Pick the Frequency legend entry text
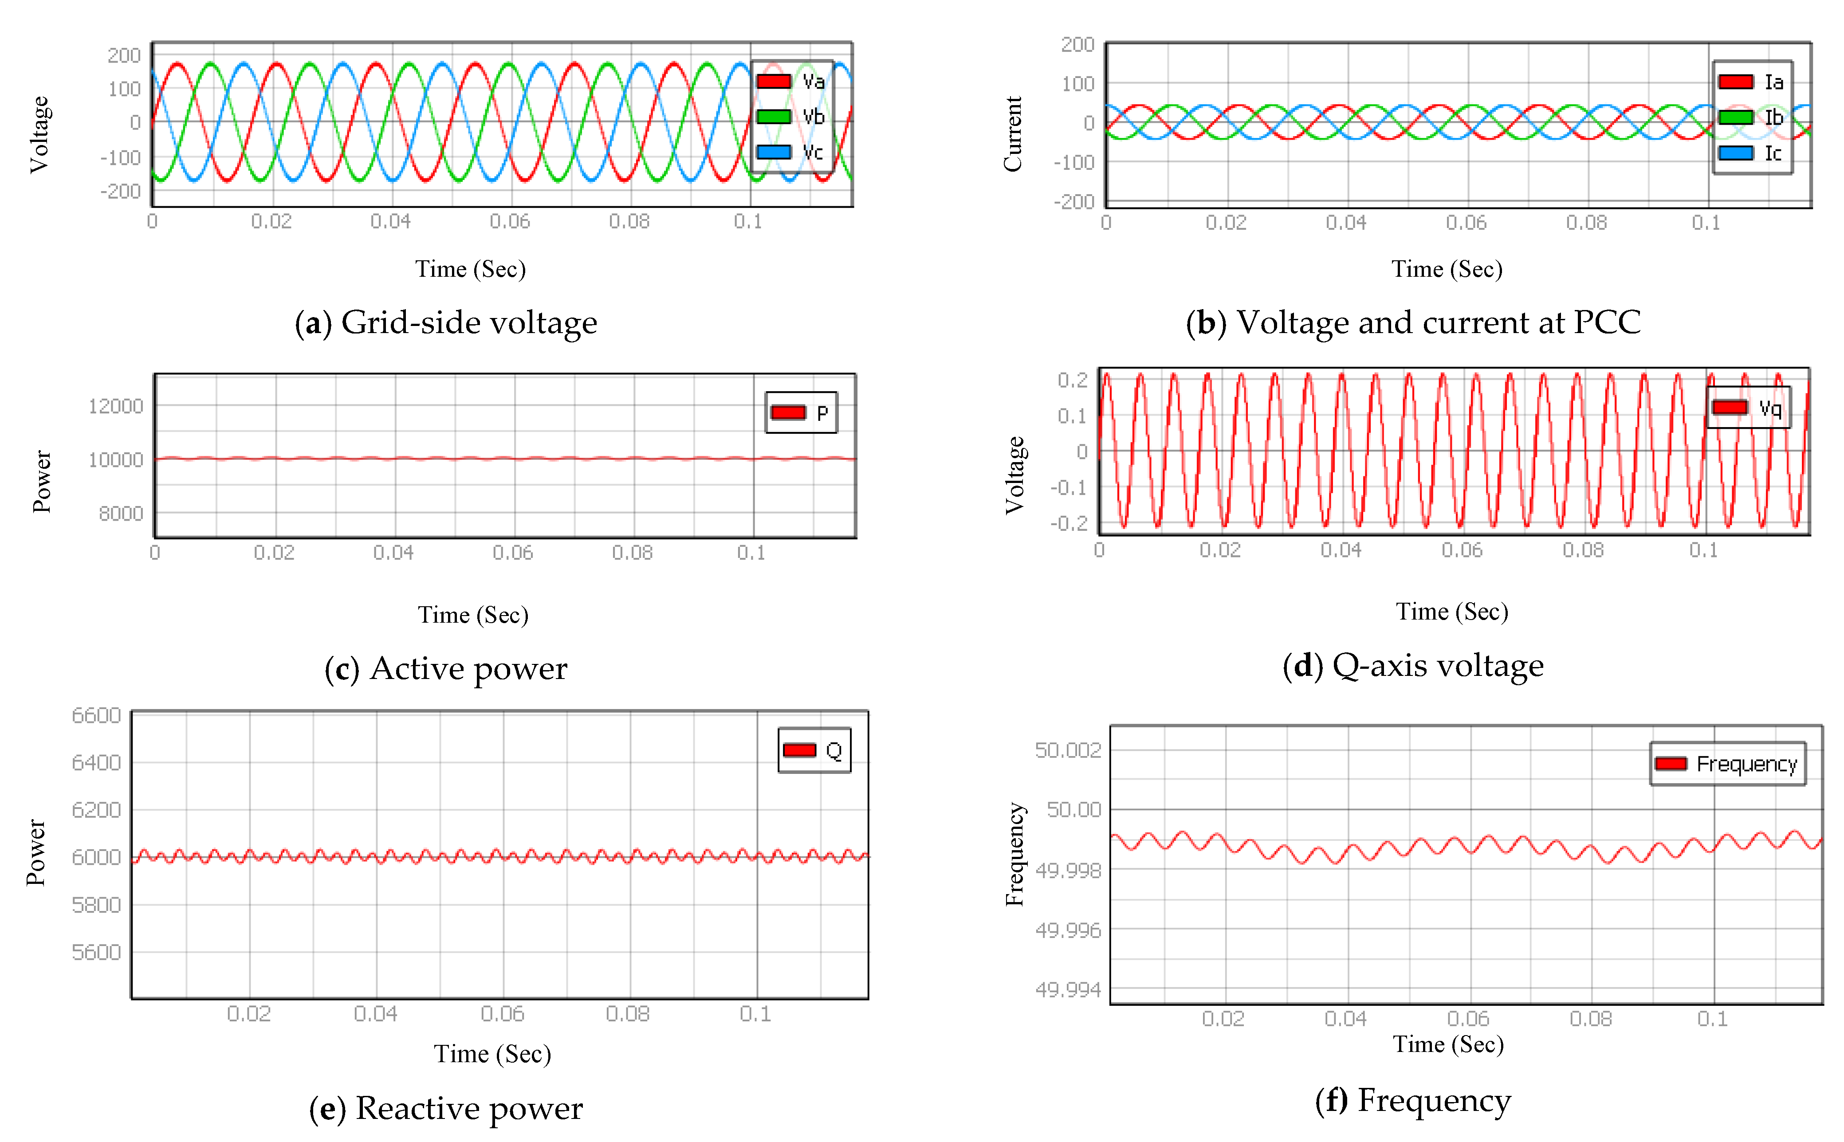[1746, 764]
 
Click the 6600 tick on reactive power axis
[96, 715]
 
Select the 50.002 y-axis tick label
[1067, 750]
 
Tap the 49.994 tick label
[1067, 989]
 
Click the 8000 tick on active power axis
[121, 514]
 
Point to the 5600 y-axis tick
[96, 952]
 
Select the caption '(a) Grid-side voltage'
[446, 322]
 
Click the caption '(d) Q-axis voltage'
[1413, 665]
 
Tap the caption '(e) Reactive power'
[446, 1108]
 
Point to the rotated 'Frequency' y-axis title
[1014, 853]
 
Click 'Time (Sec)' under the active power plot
[473, 615]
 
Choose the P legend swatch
[788, 412]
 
